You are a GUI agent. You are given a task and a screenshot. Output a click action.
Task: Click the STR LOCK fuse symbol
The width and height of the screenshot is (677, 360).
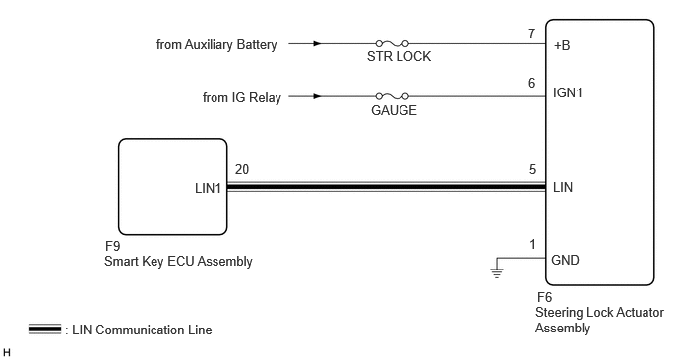392,43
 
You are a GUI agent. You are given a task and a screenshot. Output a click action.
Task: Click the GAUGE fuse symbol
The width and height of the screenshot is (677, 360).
392,96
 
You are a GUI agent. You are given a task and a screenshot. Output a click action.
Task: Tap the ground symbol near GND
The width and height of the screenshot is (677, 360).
497,272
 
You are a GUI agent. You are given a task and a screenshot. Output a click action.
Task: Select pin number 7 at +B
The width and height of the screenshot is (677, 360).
532,33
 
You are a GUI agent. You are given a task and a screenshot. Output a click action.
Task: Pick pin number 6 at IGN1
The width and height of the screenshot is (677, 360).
532,83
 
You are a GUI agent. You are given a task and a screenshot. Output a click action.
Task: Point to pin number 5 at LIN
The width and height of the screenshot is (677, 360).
532,169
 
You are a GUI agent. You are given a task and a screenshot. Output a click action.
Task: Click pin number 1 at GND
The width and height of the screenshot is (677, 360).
532,244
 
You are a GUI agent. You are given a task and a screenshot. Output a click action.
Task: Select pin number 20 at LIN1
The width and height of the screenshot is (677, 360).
242,169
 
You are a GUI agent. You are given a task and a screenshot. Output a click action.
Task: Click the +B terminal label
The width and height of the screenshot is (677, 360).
562,45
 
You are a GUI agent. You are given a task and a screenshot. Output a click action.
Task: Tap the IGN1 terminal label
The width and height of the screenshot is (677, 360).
568,92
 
